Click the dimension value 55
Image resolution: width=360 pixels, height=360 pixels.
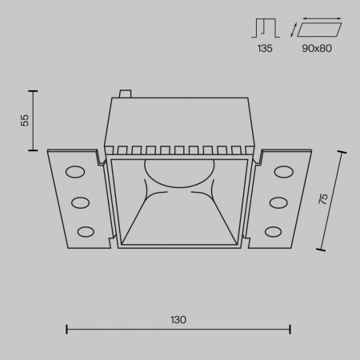pos(24,119)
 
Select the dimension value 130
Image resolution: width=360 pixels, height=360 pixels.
pos(178,319)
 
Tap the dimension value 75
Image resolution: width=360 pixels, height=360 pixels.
pos(322,200)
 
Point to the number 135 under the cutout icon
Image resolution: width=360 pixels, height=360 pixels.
pos(265,48)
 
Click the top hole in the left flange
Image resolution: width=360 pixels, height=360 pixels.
pos(74,171)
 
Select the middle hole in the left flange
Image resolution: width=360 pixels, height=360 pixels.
pos(80,202)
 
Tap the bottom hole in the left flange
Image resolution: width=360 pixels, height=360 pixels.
pos(85,232)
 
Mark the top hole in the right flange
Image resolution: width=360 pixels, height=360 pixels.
pos(284,171)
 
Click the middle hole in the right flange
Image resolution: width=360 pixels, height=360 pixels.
pos(278,202)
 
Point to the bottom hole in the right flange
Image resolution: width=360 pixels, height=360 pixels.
pos(274,232)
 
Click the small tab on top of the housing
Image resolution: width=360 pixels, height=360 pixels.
pos(124,94)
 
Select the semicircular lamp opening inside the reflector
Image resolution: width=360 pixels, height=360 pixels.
pos(178,169)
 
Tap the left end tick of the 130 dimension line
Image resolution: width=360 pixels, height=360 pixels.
pos(66,328)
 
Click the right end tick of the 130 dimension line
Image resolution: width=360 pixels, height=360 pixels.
pos(290,328)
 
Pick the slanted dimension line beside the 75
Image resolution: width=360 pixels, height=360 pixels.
pos(333,200)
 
